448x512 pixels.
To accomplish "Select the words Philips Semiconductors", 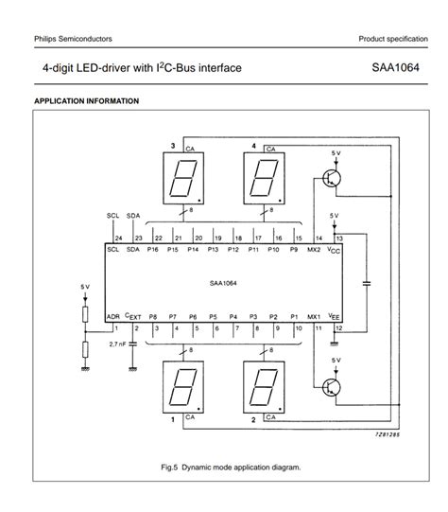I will (73, 39).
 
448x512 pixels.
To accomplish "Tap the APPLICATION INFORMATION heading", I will (86, 101).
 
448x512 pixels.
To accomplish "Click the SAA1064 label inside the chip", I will (225, 282).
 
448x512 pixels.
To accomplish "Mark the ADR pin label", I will (112, 316).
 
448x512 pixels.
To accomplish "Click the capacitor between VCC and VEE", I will (365, 282).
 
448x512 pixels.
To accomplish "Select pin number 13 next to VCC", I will (338, 238).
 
